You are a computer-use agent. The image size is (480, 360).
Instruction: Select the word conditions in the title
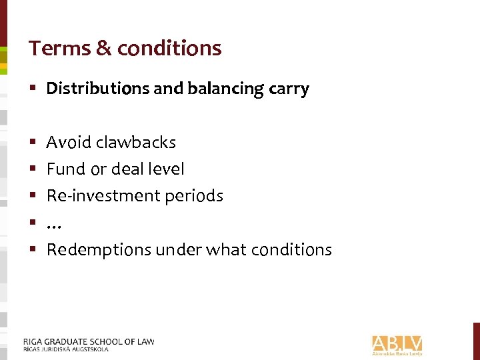point(169,48)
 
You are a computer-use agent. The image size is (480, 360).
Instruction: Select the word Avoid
point(69,142)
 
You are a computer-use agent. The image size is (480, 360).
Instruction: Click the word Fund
point(65,169)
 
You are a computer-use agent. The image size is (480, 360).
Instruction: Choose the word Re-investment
point(97,196)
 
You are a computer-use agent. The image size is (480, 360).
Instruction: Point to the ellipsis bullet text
point(54,224)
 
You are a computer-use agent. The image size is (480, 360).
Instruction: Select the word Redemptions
point(99,250)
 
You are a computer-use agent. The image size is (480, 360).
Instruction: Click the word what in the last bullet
point(225,250)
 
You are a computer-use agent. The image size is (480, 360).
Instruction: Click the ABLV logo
point(397,345)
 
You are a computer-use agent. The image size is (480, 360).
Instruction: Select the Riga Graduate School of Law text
point(88,341)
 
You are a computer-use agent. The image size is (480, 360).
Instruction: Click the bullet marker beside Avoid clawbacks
point(33,142)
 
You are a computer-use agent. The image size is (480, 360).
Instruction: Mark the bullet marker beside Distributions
point(33,89)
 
